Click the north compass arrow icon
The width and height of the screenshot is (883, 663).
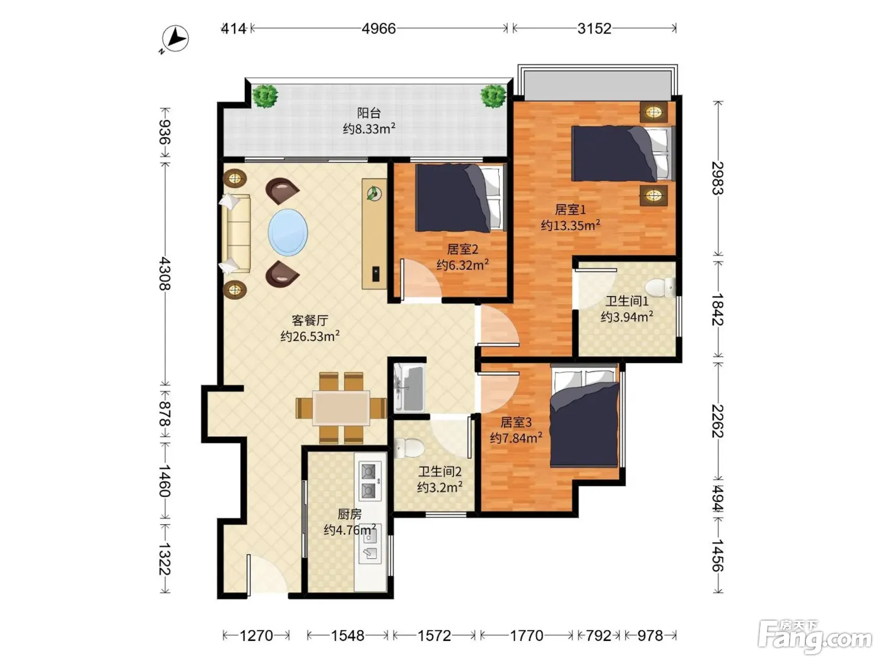(x=175, y=39)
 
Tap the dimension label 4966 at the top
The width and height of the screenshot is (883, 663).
(x=378, y=28)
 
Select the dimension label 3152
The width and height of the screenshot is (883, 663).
(x=594, y=28)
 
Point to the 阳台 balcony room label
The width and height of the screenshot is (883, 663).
(x=368, y=113)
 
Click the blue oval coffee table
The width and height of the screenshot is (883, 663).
(x=288, y=232)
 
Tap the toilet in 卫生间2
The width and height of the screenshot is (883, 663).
(x=409, y=447)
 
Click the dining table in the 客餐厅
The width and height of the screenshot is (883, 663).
(x=341, y=407)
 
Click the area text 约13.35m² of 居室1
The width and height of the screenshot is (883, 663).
(x=570, y=225)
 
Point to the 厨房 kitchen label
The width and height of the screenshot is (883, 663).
(x=349, y=514)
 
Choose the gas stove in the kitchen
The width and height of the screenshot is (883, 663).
(x=370, y=481)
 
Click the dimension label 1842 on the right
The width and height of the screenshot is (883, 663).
(x=718, y=309)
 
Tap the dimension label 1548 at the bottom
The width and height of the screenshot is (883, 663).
(x=347, y=636)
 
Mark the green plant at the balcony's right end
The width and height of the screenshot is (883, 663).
(x=493, y=96)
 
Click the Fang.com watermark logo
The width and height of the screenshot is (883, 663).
(x=814, y=637)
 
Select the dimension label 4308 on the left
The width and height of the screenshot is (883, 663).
(x=165, y=274)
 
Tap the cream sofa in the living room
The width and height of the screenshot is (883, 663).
(x=236, y=234)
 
